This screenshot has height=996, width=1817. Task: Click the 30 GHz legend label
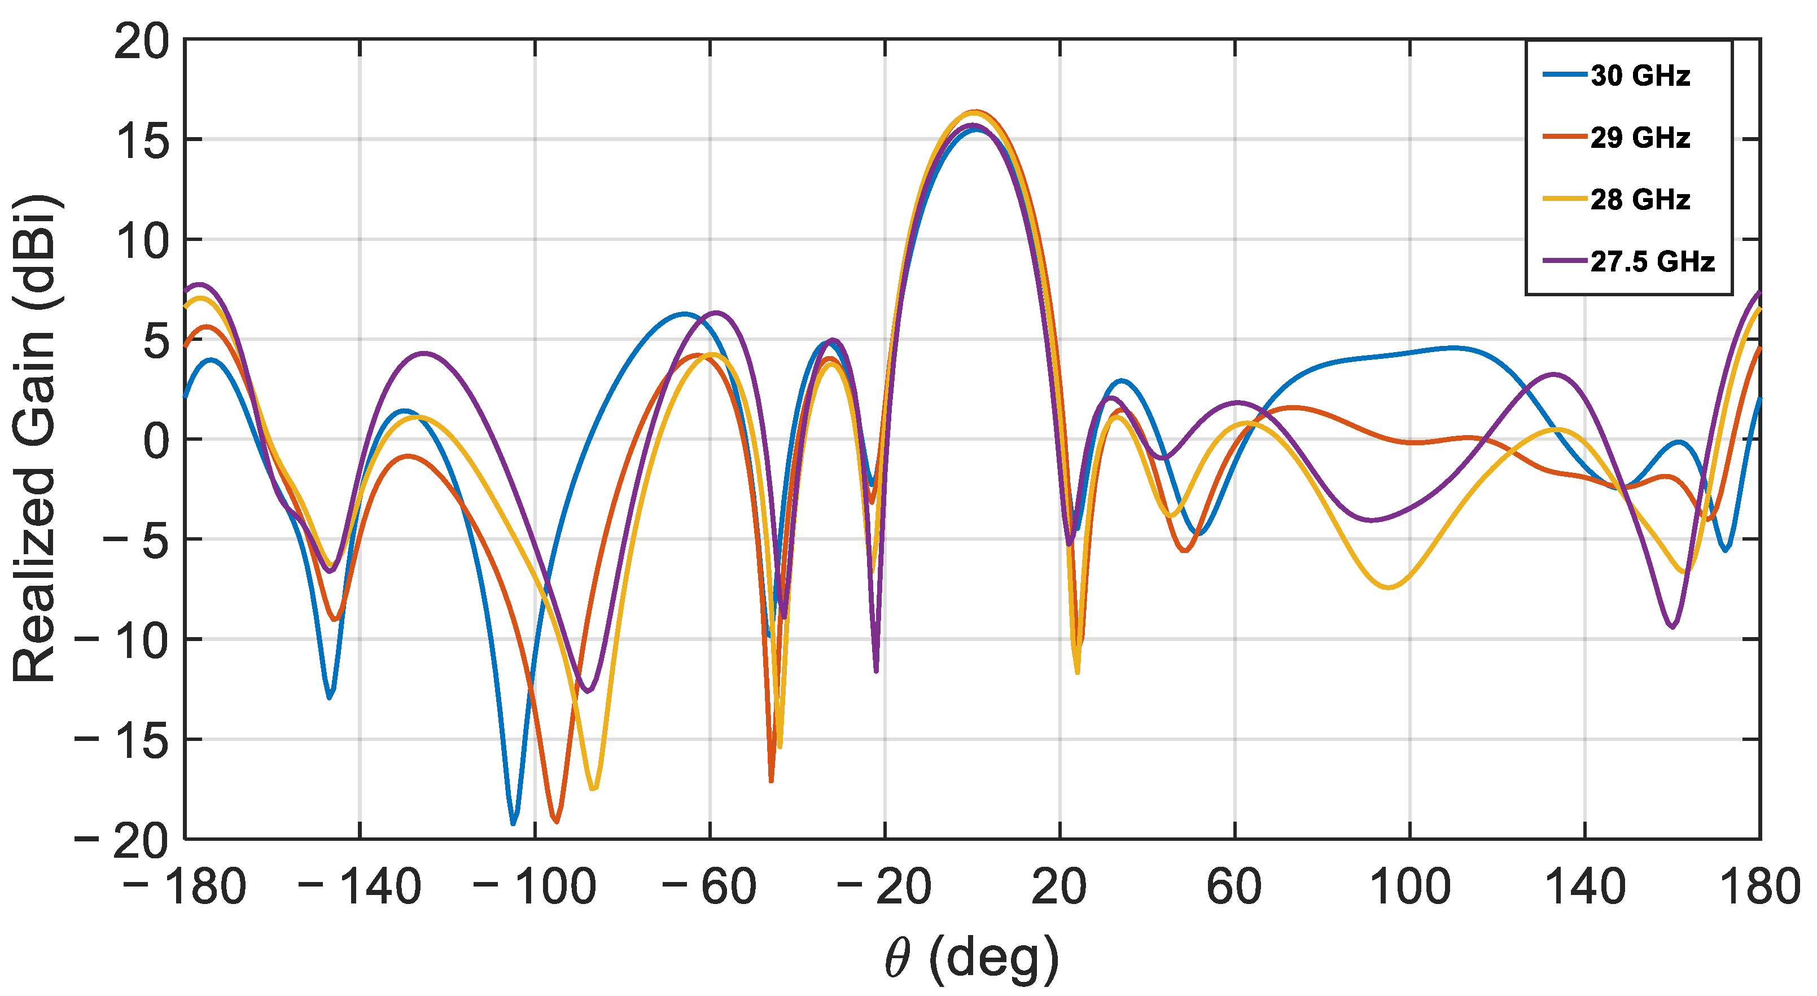click(1640, 76)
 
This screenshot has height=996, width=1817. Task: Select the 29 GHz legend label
click(1640, 138)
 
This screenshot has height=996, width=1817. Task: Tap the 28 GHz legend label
click(1640, 200)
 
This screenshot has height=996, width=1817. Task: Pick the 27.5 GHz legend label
click(1652, 262)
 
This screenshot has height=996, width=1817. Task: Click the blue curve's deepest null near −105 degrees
click(513, 823)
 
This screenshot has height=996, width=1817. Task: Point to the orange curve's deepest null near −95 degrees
click(557, 821)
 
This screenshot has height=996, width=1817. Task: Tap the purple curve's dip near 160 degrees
click(1672, 626)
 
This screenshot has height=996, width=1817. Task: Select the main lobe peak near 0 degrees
click(975, 113)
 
